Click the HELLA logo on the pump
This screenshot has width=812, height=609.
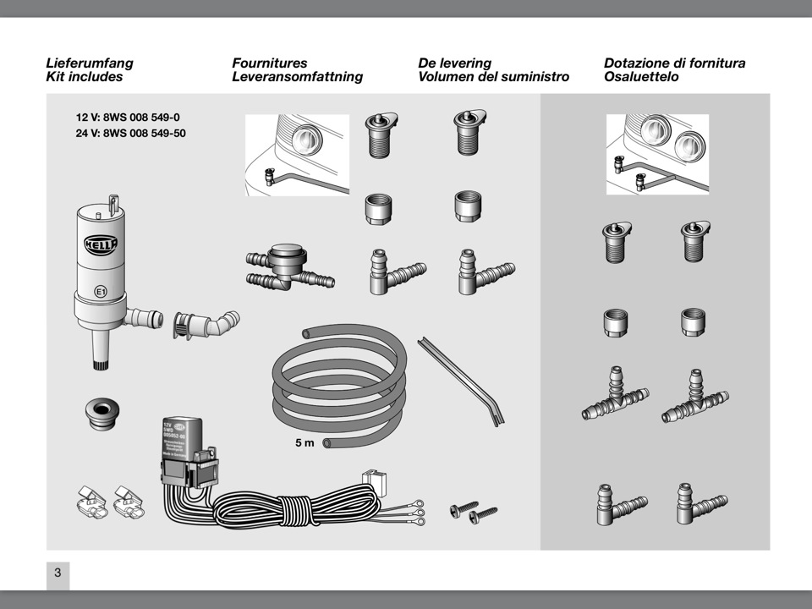pos(101,244)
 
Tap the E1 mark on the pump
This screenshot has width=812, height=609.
pos(100,292)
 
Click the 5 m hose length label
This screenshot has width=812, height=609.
pos(304,442)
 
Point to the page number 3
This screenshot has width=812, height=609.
pos(58,573)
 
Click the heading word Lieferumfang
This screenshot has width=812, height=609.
pos(90,63)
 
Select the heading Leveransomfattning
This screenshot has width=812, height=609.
pos(297,77)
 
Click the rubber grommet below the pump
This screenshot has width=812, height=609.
pos(101,411)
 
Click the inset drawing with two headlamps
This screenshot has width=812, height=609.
pos(657,153)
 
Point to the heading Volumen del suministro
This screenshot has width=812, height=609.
pos(493,77)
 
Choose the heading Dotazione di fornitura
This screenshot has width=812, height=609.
pos(674,63)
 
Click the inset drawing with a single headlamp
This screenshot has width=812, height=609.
pos(296,154)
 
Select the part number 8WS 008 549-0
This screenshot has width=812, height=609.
pos(128,118)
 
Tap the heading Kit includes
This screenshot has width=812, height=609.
pos(84,77)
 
